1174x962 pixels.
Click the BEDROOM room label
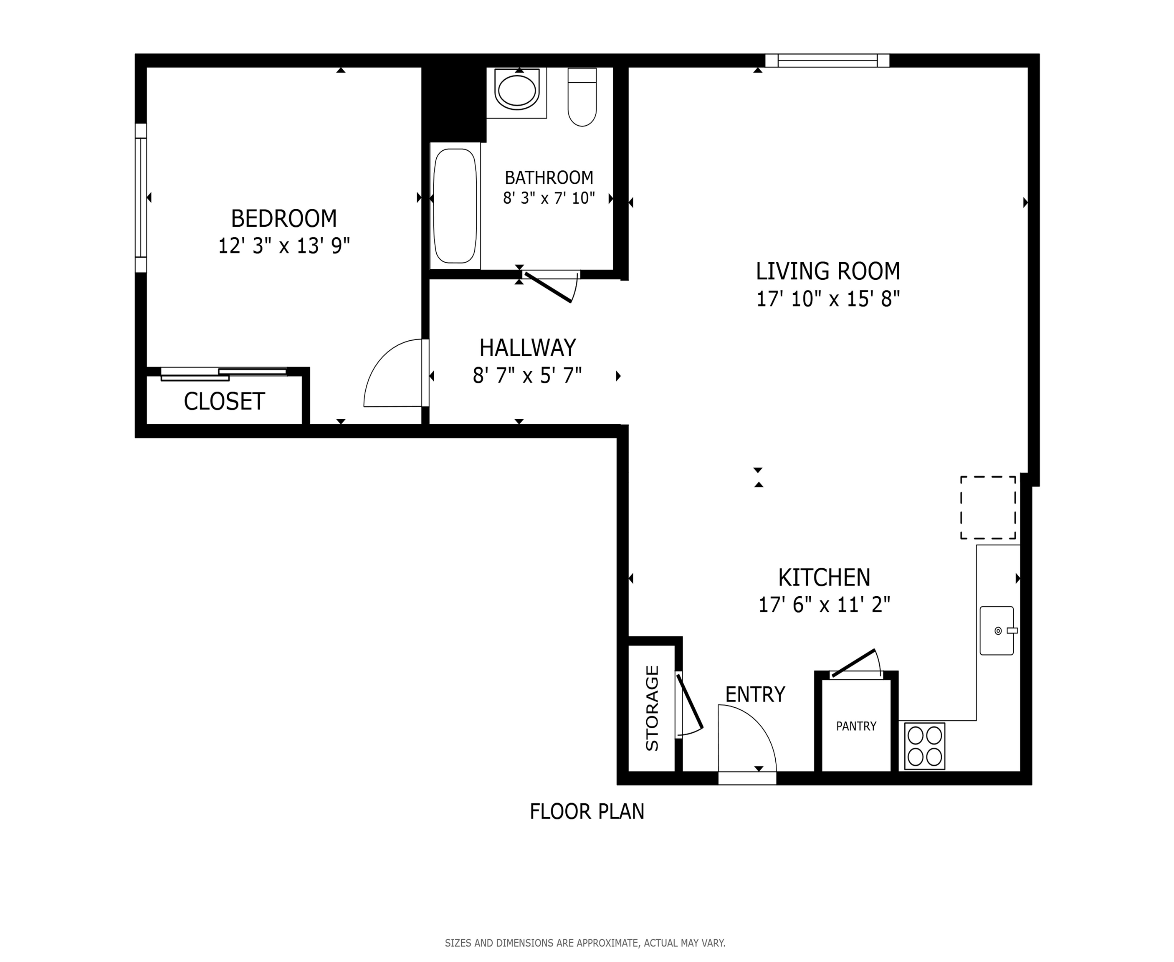[x=283, y=218]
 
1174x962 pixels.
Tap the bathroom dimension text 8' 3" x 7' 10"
[x=549, y=198]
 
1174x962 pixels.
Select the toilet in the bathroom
[x=582, y=97]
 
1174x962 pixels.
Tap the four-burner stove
[x=925, y=746]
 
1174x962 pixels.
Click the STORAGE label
[x=652, y=708]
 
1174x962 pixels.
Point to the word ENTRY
[x=755, y=694]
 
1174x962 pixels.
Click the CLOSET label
[x=224, y=401]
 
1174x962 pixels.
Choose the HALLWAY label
[x=527, y=348]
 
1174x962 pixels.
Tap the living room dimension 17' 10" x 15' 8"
[x=828, y=299]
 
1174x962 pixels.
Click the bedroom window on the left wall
[x=141, y=198]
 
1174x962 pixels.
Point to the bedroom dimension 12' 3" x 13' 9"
[x=283, y=246]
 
